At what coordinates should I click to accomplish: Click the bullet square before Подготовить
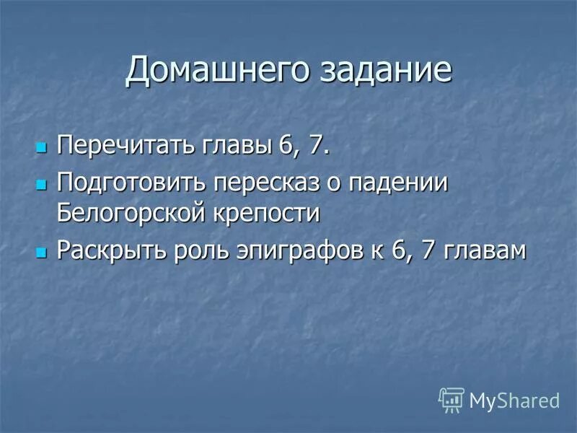pos(40,183)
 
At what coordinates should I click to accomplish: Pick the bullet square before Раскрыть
pos(40,253)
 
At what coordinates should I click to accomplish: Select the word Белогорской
pos(133,214)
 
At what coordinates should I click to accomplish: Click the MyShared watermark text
pos(514,400)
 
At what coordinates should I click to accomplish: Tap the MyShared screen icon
pos(451,399)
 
